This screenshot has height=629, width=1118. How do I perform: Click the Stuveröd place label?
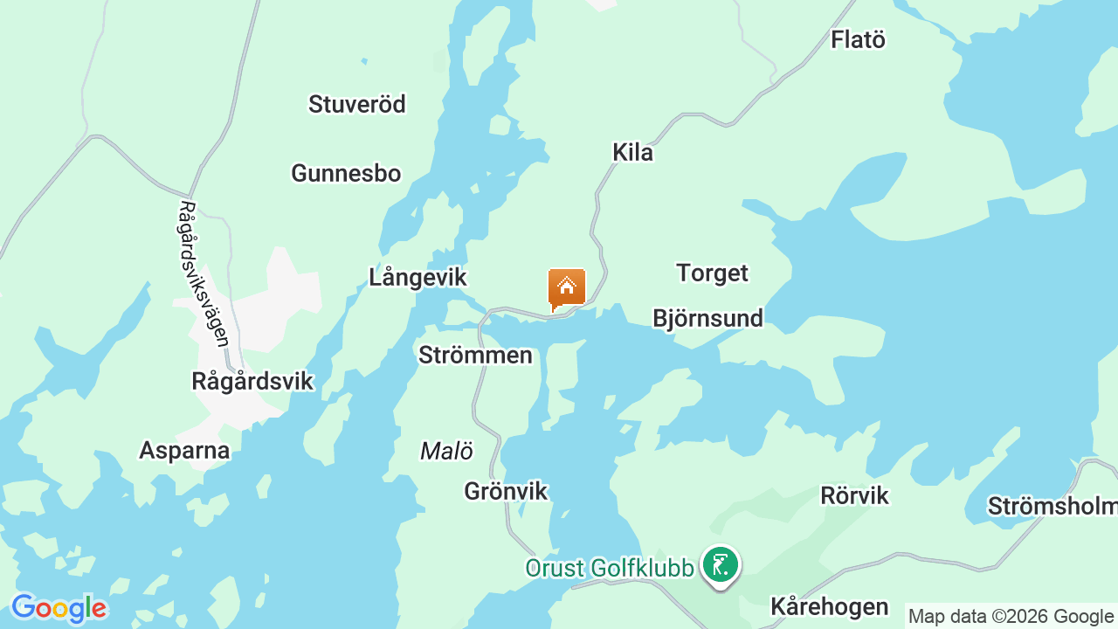(x=357, y=105)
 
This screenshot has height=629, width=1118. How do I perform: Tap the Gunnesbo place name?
(x=346, y=173)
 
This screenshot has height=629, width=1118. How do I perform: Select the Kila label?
(x=632, y=153)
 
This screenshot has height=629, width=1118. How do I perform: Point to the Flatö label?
(x=858, y=39)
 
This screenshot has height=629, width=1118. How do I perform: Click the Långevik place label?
(x=418, y=278)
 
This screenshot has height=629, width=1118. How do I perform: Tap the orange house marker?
(x=567, y=288)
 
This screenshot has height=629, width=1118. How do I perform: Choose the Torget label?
(x=712, y=273)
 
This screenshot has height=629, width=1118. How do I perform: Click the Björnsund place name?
(x=707, y=318)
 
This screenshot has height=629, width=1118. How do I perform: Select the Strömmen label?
(x=475, y=356)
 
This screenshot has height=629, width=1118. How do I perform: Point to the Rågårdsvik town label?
(x=252, y=382)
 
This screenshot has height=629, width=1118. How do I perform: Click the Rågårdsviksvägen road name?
(x=203, y=274)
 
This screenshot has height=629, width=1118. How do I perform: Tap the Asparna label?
(x=184, y=451)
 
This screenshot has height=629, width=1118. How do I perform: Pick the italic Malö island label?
(x=446, y=451)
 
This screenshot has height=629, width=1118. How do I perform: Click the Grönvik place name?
(x=506, y=492)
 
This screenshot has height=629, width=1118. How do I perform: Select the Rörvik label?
(x=854, y=496)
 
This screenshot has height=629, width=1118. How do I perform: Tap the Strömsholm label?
(x=1052, y=507)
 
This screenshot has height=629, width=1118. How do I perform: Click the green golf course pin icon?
(x=721, y=565)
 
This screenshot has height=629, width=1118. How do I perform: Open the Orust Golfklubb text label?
(x=610, y=568)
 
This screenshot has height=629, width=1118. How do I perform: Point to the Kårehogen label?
(x=829, y=606)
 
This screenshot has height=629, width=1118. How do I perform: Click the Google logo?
(x=59, y=608)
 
